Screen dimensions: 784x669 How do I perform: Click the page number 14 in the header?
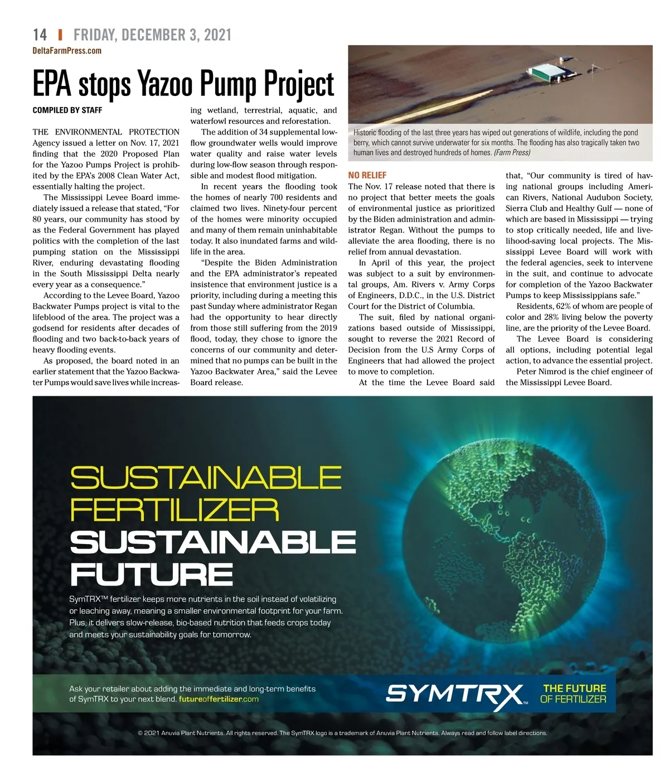tap(40, 35)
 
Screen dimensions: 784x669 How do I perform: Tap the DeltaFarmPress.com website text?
tap(67, 51)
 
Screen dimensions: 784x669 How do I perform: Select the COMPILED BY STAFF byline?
tap(67, 110)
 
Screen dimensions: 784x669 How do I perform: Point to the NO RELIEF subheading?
tap(367, 175)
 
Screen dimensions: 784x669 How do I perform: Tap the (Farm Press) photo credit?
tap(512, 152)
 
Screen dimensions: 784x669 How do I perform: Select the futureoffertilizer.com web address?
tap(219, 699)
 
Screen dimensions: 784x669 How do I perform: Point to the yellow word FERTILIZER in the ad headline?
tap(174, 510)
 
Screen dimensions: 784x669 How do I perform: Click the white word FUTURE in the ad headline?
tap(151, 574)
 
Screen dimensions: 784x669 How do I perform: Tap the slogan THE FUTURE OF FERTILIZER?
tap(573, 694)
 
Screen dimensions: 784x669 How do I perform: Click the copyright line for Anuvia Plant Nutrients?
tap(342, 733)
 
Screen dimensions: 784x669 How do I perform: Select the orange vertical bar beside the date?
tap(60, 35)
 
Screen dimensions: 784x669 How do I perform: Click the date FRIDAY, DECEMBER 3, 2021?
tap(152, 35)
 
